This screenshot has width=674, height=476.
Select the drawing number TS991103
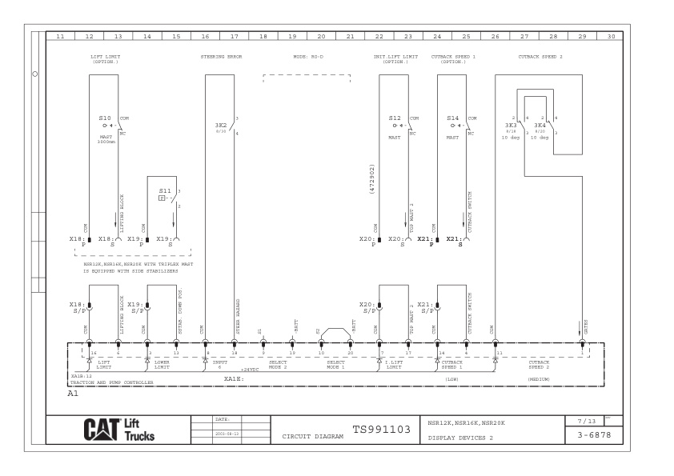381,430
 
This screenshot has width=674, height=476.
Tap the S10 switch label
105,118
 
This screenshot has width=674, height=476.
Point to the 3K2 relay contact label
220,126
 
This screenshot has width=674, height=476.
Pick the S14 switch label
452,118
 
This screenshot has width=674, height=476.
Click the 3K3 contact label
511,126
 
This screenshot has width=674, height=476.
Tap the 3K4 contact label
540,126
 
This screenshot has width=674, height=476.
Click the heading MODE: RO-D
307,57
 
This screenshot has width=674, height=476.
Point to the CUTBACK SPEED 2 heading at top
540,57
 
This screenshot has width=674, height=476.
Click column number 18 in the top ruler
263,37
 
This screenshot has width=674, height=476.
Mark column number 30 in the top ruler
612,37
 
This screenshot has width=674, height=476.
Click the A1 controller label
73,394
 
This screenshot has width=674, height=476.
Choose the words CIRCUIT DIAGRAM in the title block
311,438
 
